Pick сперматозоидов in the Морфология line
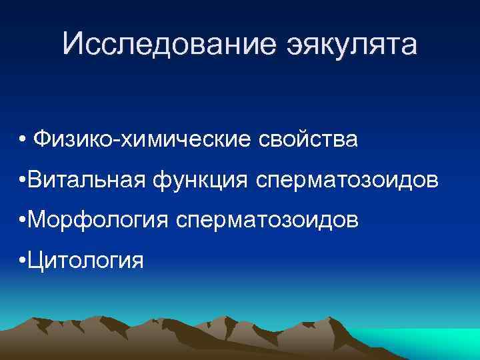click(x=265, y=219)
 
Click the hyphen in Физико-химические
click(x=118, y=142)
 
